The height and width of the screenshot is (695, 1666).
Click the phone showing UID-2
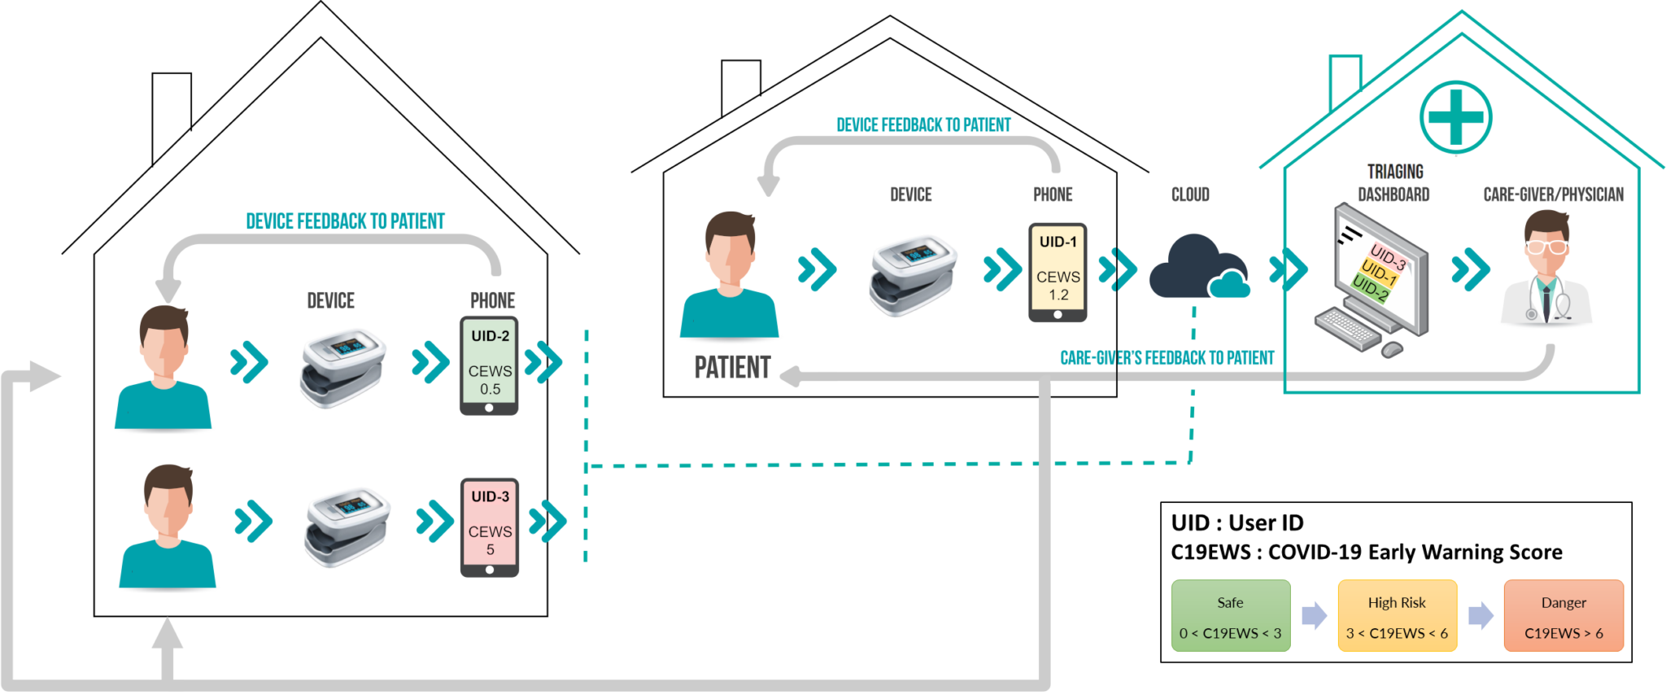tap(489, 365)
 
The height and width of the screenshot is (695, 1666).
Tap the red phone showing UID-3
tap(490, 527)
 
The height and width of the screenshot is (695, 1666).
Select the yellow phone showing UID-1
tap(1058, 273)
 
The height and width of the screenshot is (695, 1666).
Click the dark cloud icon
tap(1198, 267)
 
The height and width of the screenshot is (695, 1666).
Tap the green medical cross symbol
tap(1455, 117)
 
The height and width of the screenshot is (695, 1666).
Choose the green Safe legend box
tap(1231, 615)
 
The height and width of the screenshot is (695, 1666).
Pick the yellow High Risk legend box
tap(1397, 615)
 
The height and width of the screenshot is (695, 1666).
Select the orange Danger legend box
tap(1564, 615)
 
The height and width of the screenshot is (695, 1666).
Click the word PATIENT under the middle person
tap(732, 368)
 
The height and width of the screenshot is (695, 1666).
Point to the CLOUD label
tap(1190, 195)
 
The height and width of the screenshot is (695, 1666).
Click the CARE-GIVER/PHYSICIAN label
tap(1553, 195)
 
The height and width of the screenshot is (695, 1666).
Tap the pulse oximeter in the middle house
tap(913, 275)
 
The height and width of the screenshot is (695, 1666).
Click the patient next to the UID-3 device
tap(168, 526)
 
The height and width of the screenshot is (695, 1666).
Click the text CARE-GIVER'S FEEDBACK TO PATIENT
tap(1167, 358)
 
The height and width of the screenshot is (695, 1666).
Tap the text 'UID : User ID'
tap(1237, 522)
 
